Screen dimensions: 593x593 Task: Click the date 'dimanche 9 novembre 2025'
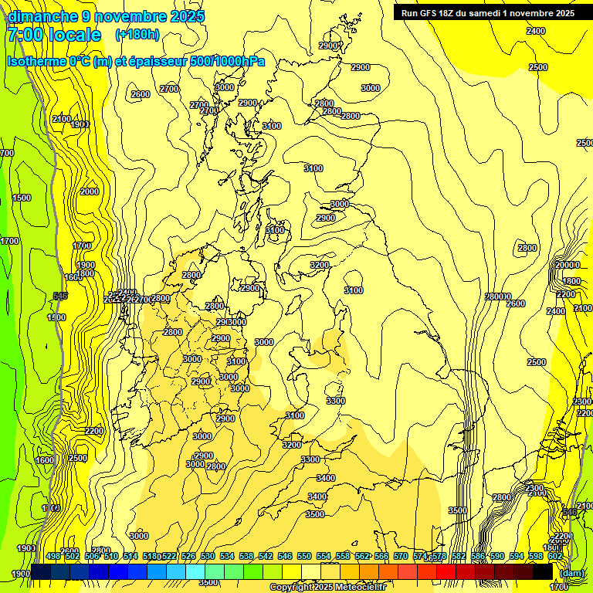pyautogui.click(x=106, y=16)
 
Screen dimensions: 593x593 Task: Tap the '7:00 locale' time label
pyautogui.click(x=54, y=35)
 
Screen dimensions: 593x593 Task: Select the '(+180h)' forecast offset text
pyautogui.click(x=137, y=35)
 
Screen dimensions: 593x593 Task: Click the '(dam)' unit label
pyautogui.click(x=571, y=574)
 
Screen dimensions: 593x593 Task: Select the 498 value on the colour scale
pyautogui.click(x=53, y=556)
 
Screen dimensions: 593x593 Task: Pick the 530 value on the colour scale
pyautogui.click(x=208, y=556)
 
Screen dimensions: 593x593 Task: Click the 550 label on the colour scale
pyautogui.click(x=304, y=556)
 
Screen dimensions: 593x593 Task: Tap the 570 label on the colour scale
pyautogui.click(x=401, y=556)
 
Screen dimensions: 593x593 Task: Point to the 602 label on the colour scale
pyautogui.click(x=555, y=556)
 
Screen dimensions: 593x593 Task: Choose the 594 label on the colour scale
pyautogui.click(x=517, y=556)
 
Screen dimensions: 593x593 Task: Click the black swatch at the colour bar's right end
pyautogui.click(x=543, y=572)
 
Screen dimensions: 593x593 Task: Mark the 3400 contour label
pyautogui.click(x=317, y=496)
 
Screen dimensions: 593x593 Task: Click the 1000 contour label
pyautogui.click(x=51, y=508)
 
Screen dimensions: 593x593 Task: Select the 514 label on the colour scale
pyautogui.click(x=130, y=556)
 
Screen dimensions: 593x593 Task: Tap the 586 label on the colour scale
pyautogui.click(x=478, y=556)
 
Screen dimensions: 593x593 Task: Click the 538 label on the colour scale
pyautogui.click(x=246, y=556)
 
